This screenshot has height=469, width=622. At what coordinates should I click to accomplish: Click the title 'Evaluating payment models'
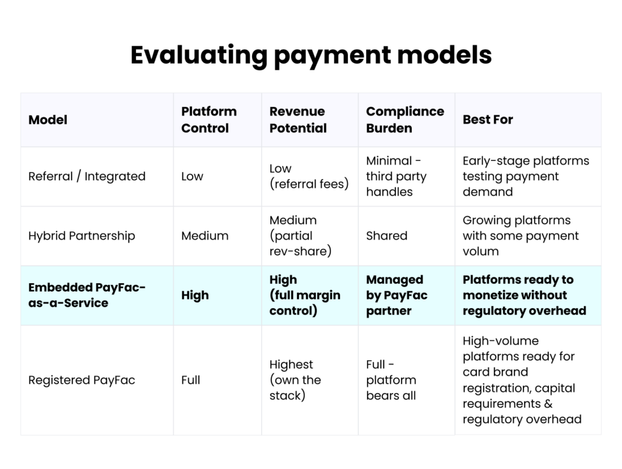(x=310, y=55)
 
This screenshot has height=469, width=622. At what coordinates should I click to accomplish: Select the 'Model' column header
(x=48, y=120)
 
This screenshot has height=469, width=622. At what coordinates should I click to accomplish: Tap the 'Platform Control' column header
(x=209, y=120)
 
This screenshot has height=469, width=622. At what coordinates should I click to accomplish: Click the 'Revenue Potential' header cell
(x=298, y=120)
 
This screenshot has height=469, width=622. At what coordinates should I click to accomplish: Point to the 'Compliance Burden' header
(x=405, y=120)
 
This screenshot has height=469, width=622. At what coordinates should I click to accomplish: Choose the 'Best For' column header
(x=488, y=120)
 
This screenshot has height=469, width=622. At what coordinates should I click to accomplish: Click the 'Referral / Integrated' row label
(x=87, y=176)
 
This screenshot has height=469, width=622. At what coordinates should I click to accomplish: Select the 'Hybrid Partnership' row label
(x=81, y=236)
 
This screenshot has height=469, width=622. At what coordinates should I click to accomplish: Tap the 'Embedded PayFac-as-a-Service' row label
(x=87, y=295)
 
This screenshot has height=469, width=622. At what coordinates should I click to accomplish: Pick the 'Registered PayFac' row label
(x=81, y=380)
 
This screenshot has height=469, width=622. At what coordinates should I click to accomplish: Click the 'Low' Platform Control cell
(x=193, y=176)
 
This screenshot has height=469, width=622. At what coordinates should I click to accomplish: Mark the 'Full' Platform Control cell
(x=191, y=380)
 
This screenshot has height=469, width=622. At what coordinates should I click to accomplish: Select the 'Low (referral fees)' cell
(x=309, y=176)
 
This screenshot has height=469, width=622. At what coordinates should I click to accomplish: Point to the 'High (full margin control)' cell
(x=305, y=295)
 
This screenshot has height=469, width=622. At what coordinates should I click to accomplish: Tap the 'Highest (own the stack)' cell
(x=295, y=380)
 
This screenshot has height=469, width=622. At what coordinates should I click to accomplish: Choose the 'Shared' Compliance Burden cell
(x=386, y=236)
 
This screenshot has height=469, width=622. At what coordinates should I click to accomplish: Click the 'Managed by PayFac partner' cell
(x=397, y=295)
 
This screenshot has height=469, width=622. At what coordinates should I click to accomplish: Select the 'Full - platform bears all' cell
(x=391, y=380)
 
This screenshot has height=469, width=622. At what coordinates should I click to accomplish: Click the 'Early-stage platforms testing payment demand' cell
(x=526, y=176)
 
